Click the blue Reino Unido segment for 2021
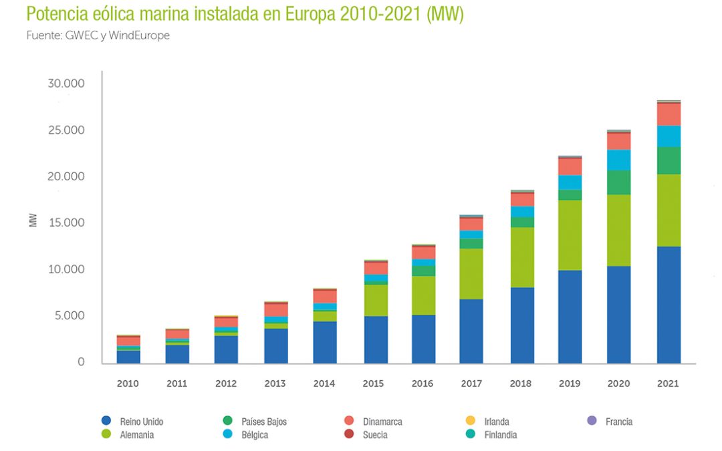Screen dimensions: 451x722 coord(669,305)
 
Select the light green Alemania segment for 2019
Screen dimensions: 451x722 coord(570,235)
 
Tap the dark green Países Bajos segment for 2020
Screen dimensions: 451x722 coord(618,182)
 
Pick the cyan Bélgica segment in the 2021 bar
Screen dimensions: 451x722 coord(669,136)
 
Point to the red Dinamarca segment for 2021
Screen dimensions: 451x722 coord(669,114)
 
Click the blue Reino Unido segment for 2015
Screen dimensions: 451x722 coord(376,339)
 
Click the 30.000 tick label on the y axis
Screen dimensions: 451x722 coord(66,84)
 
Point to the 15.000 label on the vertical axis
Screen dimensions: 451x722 coord(66,222)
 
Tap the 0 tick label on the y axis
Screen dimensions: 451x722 coord(81,362)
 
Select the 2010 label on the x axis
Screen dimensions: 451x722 coord(128,384)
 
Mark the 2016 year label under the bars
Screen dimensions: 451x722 coord(423,384)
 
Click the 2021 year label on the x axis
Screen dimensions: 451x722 coord(668,384)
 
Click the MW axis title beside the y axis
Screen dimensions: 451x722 coord(33,220)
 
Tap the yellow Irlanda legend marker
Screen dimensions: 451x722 coord(470,421)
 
